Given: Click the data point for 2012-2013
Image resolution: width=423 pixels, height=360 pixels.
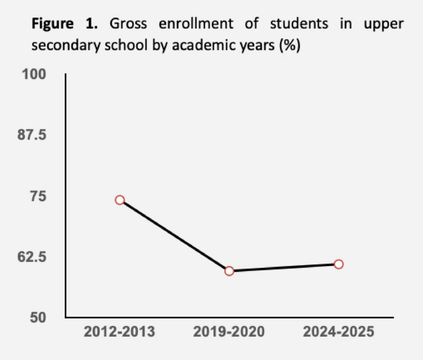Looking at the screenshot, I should click(120, 200).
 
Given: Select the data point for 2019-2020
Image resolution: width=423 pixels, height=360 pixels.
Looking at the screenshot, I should click(229, 271).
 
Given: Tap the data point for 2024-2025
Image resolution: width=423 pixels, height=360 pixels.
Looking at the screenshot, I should click(338, 264).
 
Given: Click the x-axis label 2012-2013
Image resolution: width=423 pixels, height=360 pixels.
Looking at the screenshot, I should click(120, 332).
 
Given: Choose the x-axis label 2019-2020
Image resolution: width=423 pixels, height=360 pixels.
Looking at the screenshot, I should click(229, 332).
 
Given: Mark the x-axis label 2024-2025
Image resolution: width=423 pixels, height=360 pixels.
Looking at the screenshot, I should click(338, 332).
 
